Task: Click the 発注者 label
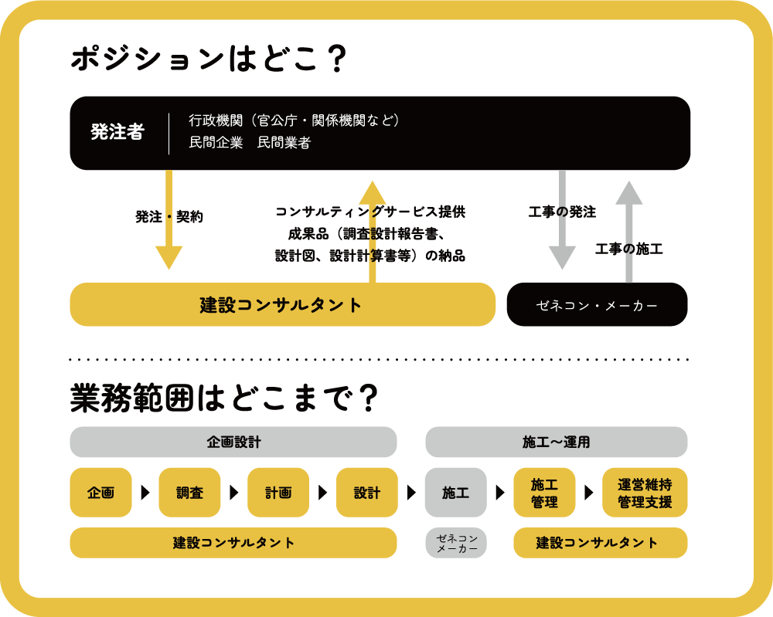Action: (117, 132)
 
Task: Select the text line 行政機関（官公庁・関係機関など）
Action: (294, 120)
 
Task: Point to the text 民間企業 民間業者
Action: (249, 143)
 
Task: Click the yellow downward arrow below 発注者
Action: (169, 224)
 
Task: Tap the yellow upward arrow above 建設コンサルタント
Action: (373, 232)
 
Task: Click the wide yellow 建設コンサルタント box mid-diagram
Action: (282, 305)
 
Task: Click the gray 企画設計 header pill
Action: (233, 442)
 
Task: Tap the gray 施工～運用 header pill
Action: (556, 442)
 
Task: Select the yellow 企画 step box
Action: (100, 493)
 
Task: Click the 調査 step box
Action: (189, 493)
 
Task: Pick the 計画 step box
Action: (278, 493)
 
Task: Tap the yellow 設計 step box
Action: (367, 493)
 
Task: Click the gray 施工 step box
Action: (455, 493)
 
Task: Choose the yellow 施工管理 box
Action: (544, 493)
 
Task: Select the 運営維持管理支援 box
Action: (645, 493)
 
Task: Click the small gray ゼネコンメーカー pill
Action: (456, 543)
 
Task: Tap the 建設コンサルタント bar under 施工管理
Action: (600, 543)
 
